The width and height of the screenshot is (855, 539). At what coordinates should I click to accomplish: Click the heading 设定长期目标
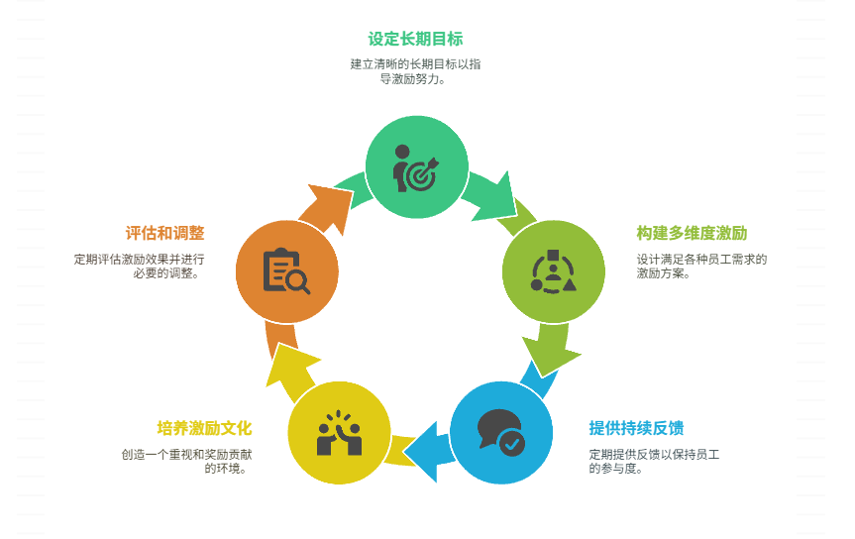pyautogui.click(x=415, y=40)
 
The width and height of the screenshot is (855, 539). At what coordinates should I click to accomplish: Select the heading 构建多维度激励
pyautogui.click(x=692, y=234)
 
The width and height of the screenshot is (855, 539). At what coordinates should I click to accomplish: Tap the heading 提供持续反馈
pyautogui.click(x=636, y=428)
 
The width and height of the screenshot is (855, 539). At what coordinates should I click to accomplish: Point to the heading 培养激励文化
pyautogui.click(x=204, y=428)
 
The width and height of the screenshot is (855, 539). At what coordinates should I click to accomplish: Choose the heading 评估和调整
pyautogui.click(x=164, y=234)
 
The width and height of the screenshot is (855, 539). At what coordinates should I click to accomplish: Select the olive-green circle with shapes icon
pyautogui.click(x=554, y=270)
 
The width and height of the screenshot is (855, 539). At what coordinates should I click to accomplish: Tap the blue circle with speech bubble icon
pyautogui.click(x=501, y=433)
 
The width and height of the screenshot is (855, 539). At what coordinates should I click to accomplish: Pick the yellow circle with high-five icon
pyautogui.click(x=339, y=433)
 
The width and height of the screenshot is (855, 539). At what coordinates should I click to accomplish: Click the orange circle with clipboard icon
pyautogui.click(x=287, y=270)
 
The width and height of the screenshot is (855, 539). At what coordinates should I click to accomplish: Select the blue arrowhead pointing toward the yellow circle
pyautogui.click(x=423, y=444)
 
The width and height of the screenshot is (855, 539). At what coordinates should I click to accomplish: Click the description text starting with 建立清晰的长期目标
pyautogui.click(x=415, y=71)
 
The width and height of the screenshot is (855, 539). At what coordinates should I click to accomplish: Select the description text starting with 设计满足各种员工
pyautogui.click(x=701, y=267)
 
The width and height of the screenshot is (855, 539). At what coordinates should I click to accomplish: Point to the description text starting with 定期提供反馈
pyautogui.click(x=653, y=461)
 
